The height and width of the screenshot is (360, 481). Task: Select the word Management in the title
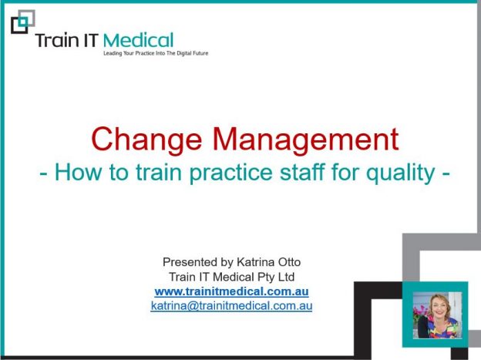pos(305,139)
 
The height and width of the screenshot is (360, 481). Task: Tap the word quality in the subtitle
pos(401,173)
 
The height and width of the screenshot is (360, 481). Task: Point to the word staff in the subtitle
pos(302,172)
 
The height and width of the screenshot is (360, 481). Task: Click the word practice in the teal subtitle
pos(230,173)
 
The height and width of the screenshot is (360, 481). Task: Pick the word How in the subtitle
pos(78,172)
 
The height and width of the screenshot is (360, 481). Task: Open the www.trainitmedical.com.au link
pos(231,291)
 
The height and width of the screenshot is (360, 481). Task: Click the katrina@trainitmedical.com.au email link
pos(231,306)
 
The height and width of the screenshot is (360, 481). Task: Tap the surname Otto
pos(289,262)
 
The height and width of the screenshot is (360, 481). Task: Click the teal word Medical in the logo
pos(138,40)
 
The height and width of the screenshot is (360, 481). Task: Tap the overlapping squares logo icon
pos(23,22)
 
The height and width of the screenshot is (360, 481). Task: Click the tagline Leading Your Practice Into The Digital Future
pos(156,53)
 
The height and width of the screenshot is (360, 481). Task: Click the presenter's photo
pos(437,315)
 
